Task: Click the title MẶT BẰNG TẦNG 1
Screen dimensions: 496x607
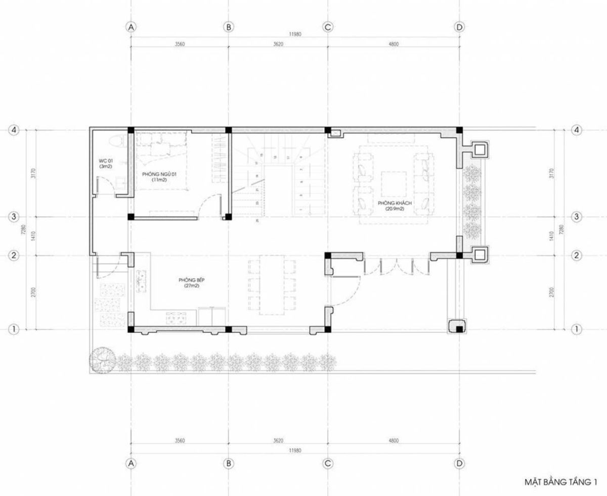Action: click(559, 482)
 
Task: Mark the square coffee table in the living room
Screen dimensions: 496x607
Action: click(394, 184)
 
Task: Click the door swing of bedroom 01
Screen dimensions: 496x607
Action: click(208, 207)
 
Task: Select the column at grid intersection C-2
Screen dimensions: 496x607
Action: click(328, 256)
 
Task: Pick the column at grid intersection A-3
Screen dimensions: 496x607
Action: click(131, 217)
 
